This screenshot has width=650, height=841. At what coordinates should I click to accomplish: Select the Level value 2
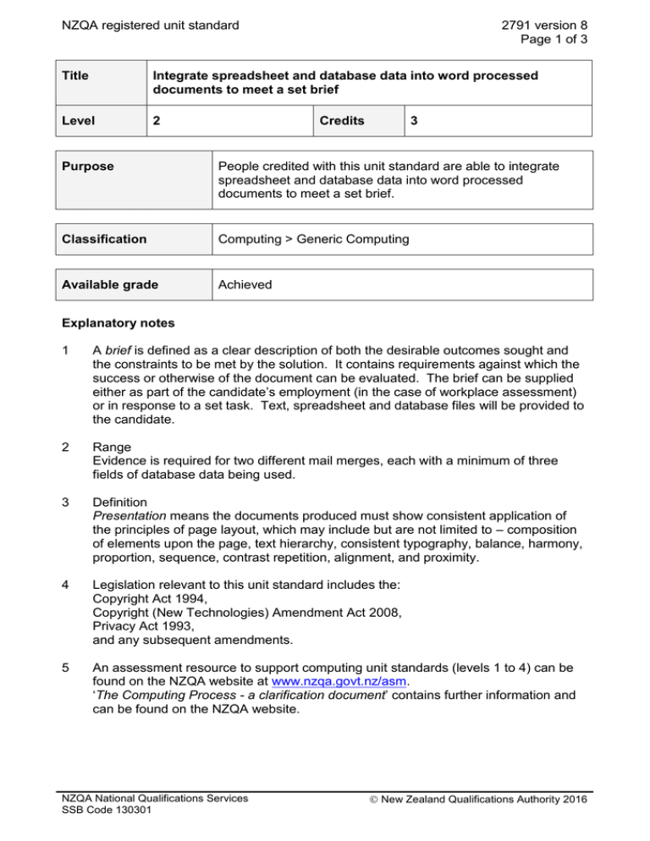[x=157, y=121]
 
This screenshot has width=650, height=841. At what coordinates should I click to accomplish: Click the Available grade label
[x=108, y=284]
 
